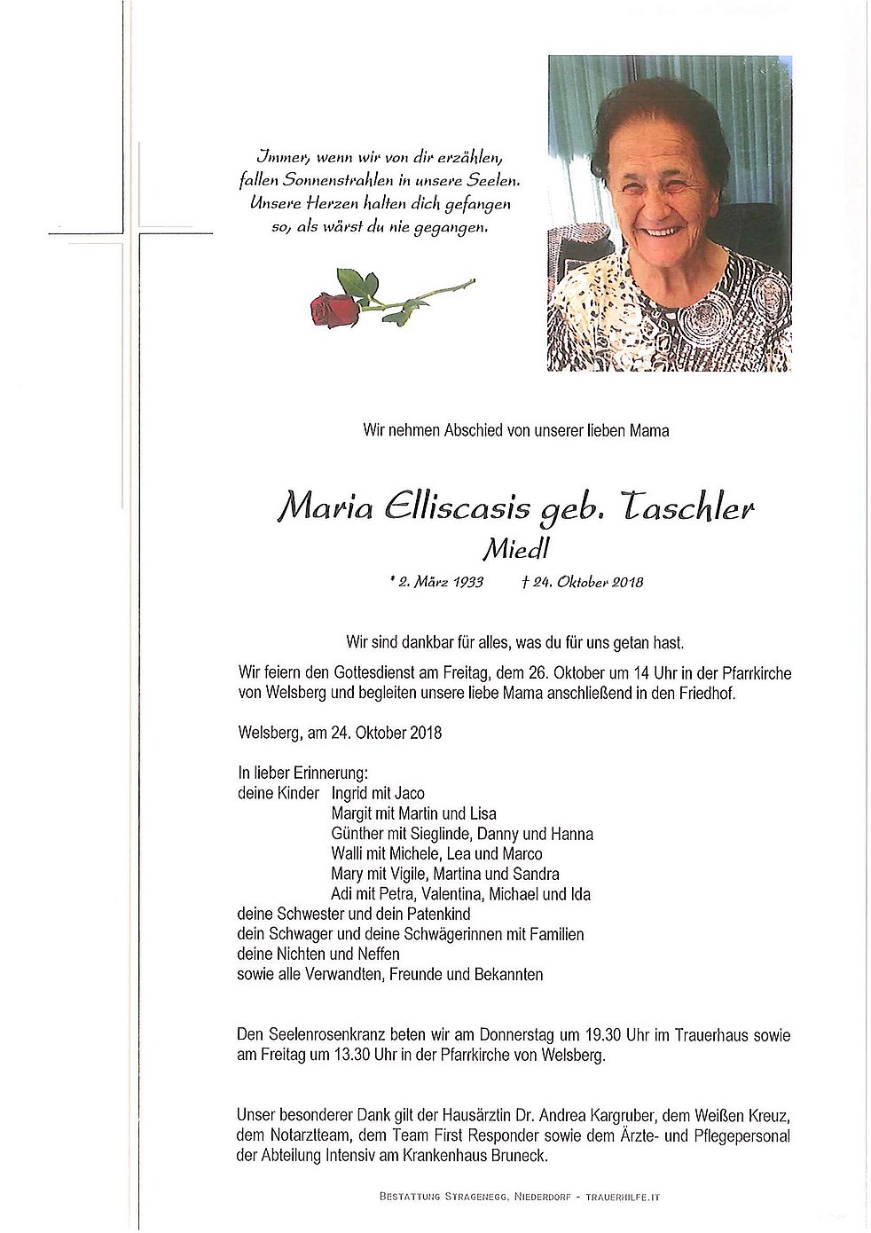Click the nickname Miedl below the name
pyautogui.click(x=515, y=550)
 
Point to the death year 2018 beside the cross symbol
pyautogui.click(x=622, y=583)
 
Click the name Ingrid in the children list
pyautogui.click(x=352, y=793)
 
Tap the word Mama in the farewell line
pyautogui.click(x=649, y=431)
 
